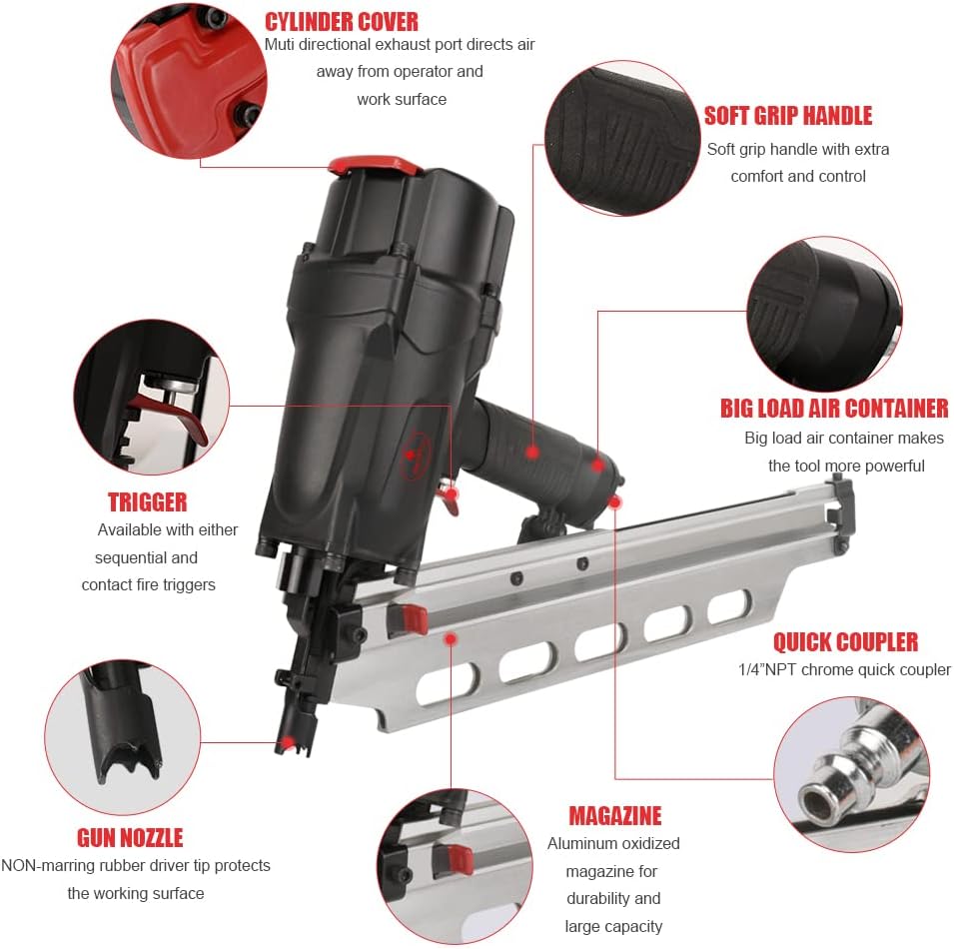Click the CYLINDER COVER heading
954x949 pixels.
pos(342,21)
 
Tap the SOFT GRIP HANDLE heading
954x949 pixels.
pos(787,116)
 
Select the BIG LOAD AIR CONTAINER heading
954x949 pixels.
pos(834,408)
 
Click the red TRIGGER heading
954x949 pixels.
pos(147,501)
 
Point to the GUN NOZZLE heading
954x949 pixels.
pos(130,837)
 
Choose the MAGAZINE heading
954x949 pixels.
pos(614,815)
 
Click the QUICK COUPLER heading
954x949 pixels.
pos(845,641)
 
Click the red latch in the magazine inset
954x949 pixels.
pos(460,857)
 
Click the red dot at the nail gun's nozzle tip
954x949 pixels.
pos(289,742)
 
